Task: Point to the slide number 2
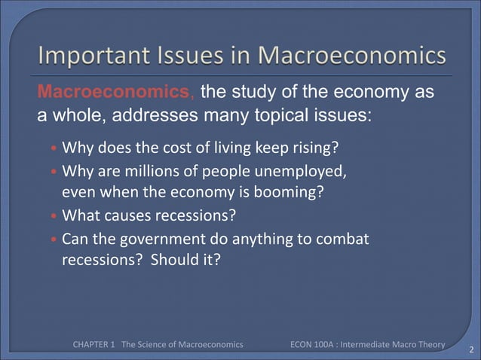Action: pos(470,349)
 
